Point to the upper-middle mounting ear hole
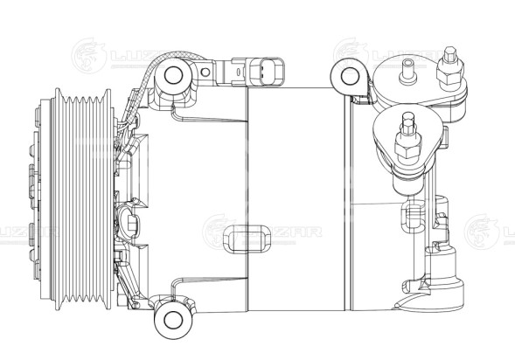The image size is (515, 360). click(x=351, y=76)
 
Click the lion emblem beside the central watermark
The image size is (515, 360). click(x=219, y=232)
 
